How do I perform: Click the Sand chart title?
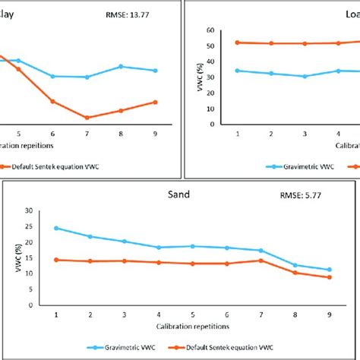point(179,194)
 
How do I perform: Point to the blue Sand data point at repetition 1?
point(56,228)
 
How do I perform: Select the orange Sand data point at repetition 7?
point(261,261)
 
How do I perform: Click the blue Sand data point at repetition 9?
point(329,270)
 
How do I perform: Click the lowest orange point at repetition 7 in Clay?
point(87,118)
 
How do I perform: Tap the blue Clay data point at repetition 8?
point(122,67)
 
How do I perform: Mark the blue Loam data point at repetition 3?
point(305,76)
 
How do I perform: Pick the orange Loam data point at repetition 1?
point(238,43)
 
